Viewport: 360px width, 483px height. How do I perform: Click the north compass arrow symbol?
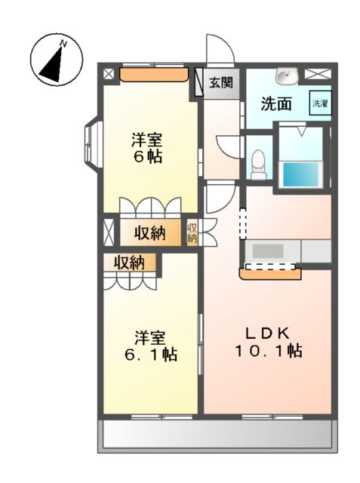(54, 60)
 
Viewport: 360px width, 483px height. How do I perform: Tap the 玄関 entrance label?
(221, 82)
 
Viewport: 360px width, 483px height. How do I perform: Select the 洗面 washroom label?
(276, 104)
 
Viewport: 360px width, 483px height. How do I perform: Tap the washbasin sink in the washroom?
(288, 75)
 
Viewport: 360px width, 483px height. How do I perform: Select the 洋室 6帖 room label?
(148, 149)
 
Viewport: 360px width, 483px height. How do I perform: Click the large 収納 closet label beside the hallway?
(150, 233)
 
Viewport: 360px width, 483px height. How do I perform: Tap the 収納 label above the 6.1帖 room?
(129, 263)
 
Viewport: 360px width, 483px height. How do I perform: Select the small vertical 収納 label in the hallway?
(192, 232)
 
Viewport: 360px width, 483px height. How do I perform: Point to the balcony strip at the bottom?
(215, 435)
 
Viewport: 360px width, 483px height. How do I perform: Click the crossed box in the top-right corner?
(317, 75)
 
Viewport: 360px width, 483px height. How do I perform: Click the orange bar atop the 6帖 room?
(153, 75)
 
